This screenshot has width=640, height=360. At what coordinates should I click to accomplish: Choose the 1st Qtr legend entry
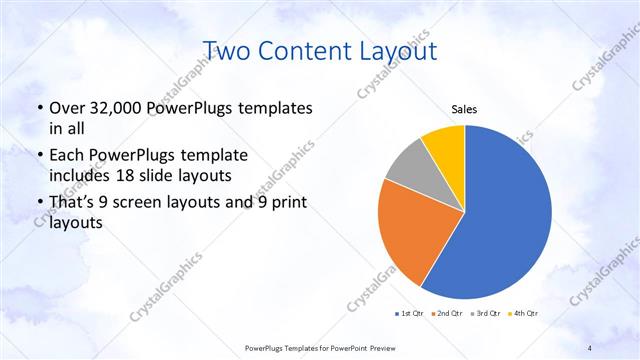point(411,313)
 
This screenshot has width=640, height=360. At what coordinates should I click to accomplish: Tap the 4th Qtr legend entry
point(525,313)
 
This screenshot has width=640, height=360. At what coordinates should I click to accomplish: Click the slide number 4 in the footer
point(589,347)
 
